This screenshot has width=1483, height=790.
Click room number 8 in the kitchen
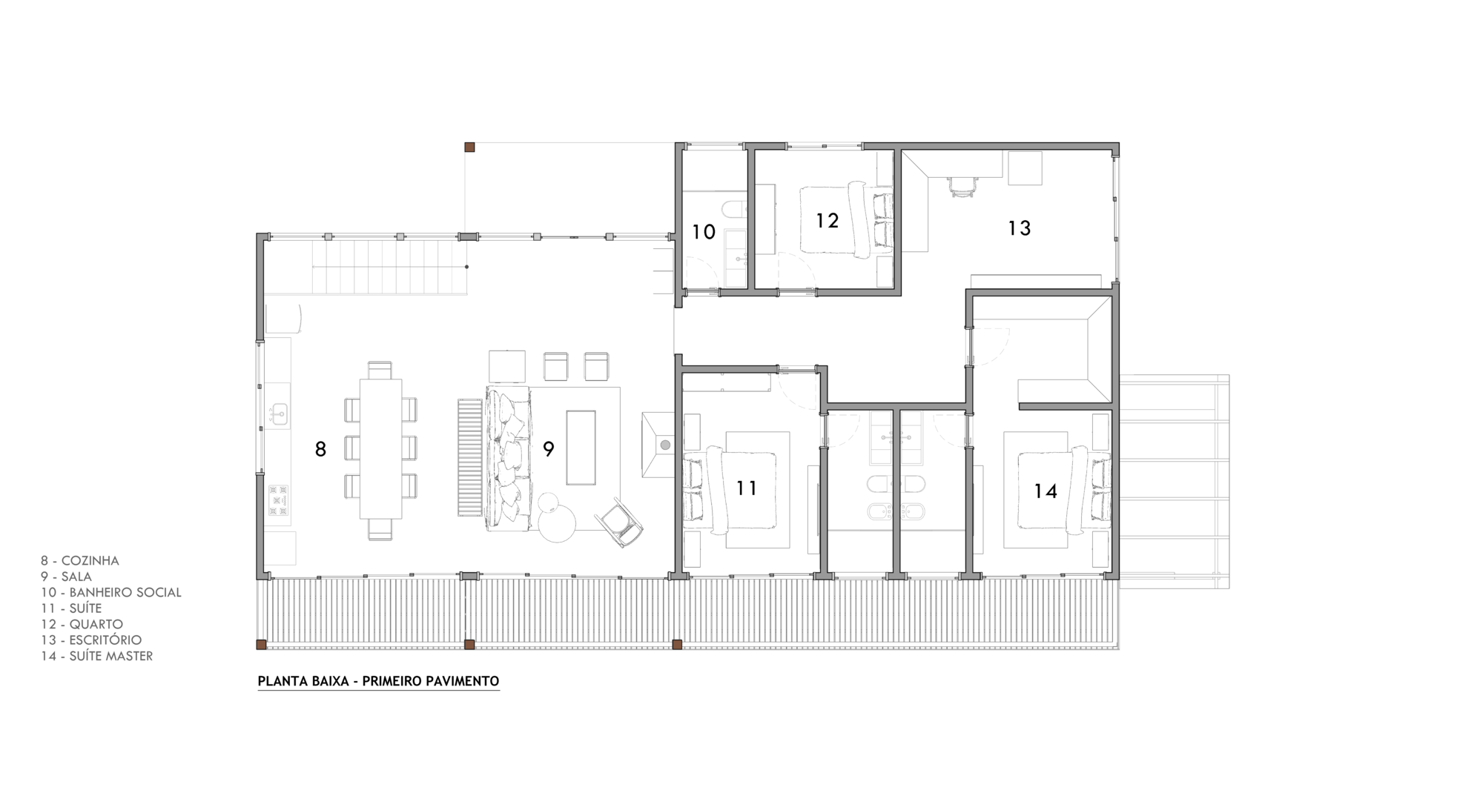tap(320, 449)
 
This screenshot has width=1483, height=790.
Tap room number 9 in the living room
tap(549, 449)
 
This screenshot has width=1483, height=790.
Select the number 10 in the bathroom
tap(703, 232)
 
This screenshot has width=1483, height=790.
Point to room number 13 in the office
tap(1020, 228)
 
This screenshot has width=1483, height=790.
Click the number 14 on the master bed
tap(1046, 491)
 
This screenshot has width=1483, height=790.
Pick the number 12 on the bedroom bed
tap(827, 220)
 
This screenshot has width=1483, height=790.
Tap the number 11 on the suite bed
tap(747, 488)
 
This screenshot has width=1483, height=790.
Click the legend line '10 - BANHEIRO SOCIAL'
tap(111, 592)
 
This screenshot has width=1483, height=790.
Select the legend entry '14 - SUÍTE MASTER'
tap(97, 656)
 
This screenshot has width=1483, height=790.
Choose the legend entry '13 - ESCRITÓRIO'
tap(91, 640)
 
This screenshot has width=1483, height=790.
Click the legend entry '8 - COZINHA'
tap(80, 561)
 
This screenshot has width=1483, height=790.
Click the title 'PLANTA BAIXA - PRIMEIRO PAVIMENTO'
tap(378, 681)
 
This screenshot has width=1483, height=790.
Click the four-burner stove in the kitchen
tap(278, 500)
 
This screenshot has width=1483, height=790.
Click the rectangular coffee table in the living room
tap(581, 448)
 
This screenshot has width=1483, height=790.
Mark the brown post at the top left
tap(469, 147)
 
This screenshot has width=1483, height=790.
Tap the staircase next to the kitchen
tap(389, 267)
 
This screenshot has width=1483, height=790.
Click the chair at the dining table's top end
tap(380, 370)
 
